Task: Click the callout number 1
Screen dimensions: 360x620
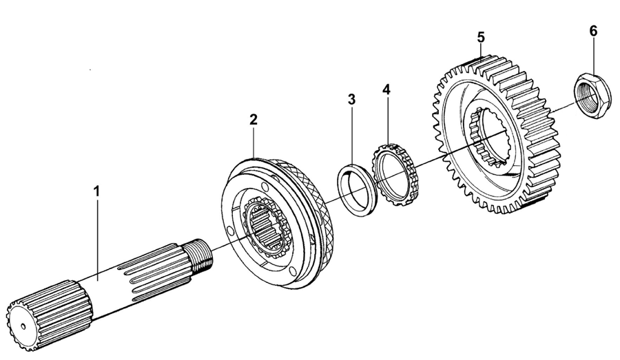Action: click(x=96, y=189)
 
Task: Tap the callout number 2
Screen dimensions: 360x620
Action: click(x=254, y=119)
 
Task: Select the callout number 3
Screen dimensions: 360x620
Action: click(x=351, y=99)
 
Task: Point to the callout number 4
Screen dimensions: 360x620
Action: click(x=386, y=89)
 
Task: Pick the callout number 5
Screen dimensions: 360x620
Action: click(x=481, y=36)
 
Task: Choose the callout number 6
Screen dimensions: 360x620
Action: click(x=593, y=31)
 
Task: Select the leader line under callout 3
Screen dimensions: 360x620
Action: click(x=352, y=138)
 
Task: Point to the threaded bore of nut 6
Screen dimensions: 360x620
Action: click(x=591, y=96)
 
